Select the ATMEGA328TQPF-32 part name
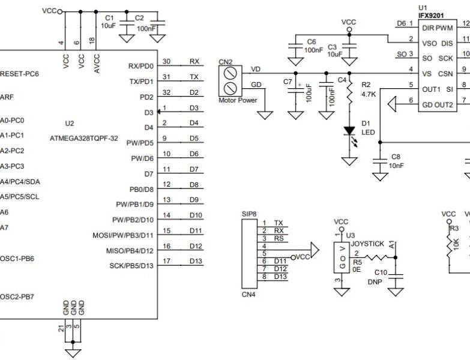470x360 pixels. tap(93, 137)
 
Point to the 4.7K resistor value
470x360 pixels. tap(369, 94)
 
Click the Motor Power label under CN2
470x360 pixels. tap(237, 100)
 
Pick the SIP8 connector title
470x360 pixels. tap(249, 214)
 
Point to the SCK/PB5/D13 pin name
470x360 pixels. tap(131, 266)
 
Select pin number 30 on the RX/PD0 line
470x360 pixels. tap(166, 61)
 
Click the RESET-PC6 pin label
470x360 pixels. tap(19, 74)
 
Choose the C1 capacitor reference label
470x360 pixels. tap(109, 18)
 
